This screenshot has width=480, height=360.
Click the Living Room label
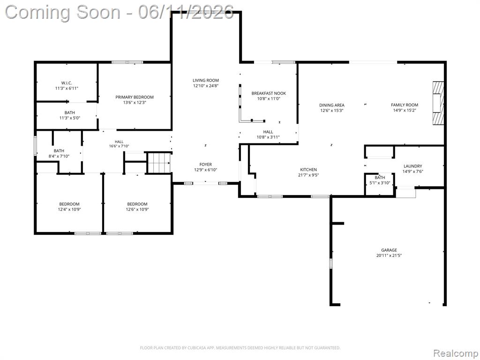(x=206, y=81)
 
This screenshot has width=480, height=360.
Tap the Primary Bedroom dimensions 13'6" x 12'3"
(x=135, y=103)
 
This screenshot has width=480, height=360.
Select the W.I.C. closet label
(x=67, y=83)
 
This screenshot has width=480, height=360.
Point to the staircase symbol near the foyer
(x=159, y=163)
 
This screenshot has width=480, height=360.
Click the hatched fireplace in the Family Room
(x=438, y=103)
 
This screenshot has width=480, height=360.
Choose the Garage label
(x=389, y=250)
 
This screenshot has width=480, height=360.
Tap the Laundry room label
(x=412, y=166)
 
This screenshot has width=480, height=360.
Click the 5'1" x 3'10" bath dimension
(x=380, y=183)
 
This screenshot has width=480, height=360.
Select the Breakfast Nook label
(x=269, y=93)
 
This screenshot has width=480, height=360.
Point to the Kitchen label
(x=308, y=170)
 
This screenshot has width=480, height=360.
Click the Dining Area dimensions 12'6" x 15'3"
(x=332, y=111)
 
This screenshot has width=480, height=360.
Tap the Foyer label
(x=206, y=165)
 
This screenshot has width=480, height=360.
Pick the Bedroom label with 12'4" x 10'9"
(x=69, y=204)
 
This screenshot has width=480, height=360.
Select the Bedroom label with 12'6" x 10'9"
(x=137, y=204)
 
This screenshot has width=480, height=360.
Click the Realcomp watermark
(x=456, y=353)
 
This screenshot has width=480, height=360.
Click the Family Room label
(x=405, y=105)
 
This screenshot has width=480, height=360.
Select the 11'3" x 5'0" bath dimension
(x=70, y=118)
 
